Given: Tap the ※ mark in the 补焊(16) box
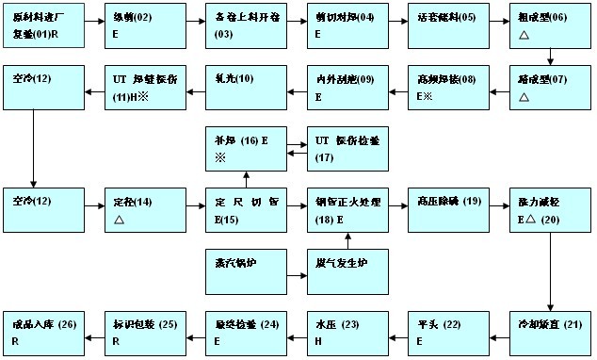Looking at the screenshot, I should tap(219, 156).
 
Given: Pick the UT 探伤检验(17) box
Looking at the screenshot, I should tap(347, 149).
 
